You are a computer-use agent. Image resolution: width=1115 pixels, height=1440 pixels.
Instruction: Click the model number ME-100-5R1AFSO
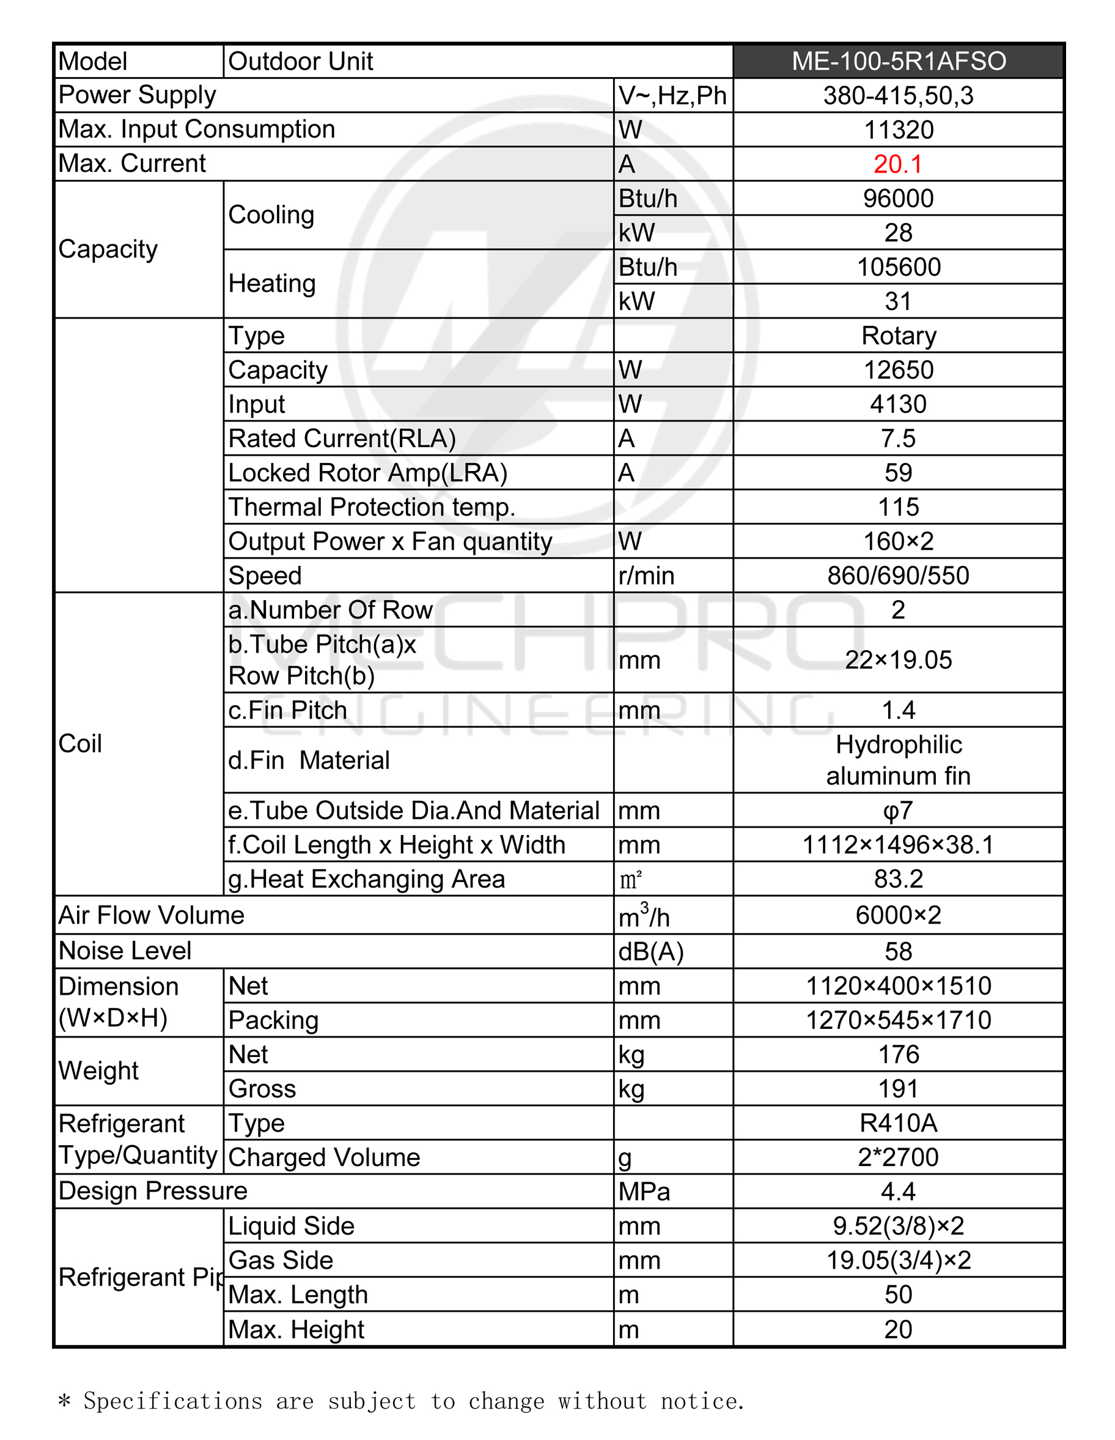[x=898, y=61]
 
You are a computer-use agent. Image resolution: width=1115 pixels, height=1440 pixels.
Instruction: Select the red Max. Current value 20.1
[x=897, y=163]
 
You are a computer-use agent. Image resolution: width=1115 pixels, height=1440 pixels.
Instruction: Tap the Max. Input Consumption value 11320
[x=898, y=130]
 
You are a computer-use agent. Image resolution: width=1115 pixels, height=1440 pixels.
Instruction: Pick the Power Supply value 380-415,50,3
[x=898, y=95]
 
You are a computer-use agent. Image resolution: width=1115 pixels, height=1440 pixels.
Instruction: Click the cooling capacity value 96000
[x=898, y=198]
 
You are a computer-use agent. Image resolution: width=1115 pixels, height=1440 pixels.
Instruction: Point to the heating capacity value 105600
[x=898, y=267]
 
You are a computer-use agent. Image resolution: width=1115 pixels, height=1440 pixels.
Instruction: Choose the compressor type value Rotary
[x=898, y=336]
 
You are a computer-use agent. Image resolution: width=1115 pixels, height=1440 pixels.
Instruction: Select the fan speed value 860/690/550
[x=898, y=576]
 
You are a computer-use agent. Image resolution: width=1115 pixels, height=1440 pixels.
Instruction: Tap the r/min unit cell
[x=646, y=576]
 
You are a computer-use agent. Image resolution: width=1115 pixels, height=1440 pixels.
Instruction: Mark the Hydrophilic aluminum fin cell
[x=898, y=760]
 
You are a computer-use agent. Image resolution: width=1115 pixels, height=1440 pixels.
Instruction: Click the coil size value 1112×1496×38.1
[x=898, y=845]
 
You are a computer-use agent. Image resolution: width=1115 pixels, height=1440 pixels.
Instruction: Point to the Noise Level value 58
[x=898, y=951]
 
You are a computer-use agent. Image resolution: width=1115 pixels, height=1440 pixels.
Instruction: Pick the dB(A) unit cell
[x=650, y=951]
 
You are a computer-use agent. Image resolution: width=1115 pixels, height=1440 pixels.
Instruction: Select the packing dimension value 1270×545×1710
[x=898, y=1020]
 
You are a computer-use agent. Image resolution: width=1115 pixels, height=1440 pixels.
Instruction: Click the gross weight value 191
[x=898, y=1089]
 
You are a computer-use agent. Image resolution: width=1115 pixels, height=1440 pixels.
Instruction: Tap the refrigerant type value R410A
[x=898, y=1123]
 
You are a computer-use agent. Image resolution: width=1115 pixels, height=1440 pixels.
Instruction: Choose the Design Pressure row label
[x=153, y=1191]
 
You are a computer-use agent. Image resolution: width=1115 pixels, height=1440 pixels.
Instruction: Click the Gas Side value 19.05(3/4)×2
[x=898, y=1260]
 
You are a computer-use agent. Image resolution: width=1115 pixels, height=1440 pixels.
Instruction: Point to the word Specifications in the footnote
[x=172, y=1400]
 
